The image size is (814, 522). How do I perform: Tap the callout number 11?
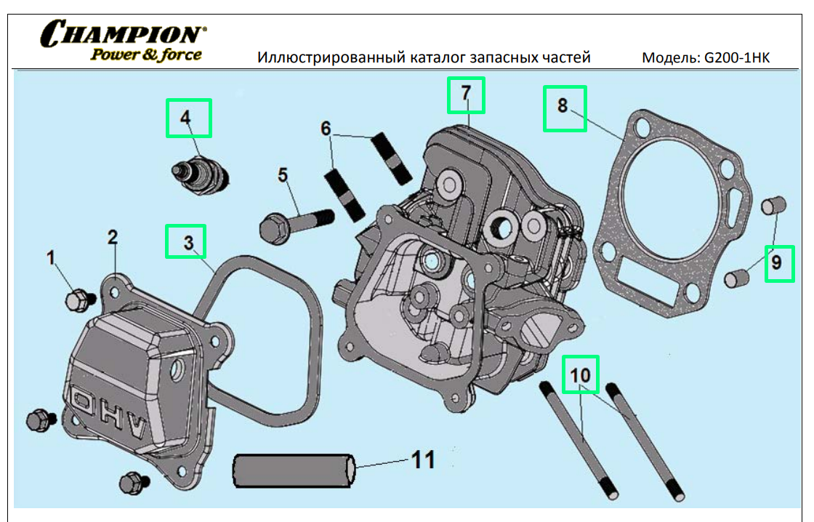click(x=423, y=459)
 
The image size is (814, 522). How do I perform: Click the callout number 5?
click(x=282, y=174)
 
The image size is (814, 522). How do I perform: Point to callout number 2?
click(x=113, y=237)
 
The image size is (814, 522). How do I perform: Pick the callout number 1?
click(x=51, y=257)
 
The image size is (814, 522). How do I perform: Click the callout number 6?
click(x=326, y=129)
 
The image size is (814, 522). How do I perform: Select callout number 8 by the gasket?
click(x=563, y=106)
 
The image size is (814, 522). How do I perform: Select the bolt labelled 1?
click(x=77, y=298)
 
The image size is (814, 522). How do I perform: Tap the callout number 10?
click(x=581, y=375)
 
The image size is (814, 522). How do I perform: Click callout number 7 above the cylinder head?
click(x=465, y=93)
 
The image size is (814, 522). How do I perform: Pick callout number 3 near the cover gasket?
click(x=188, y=243)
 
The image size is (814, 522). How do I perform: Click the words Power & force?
click(x=145, y=54)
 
